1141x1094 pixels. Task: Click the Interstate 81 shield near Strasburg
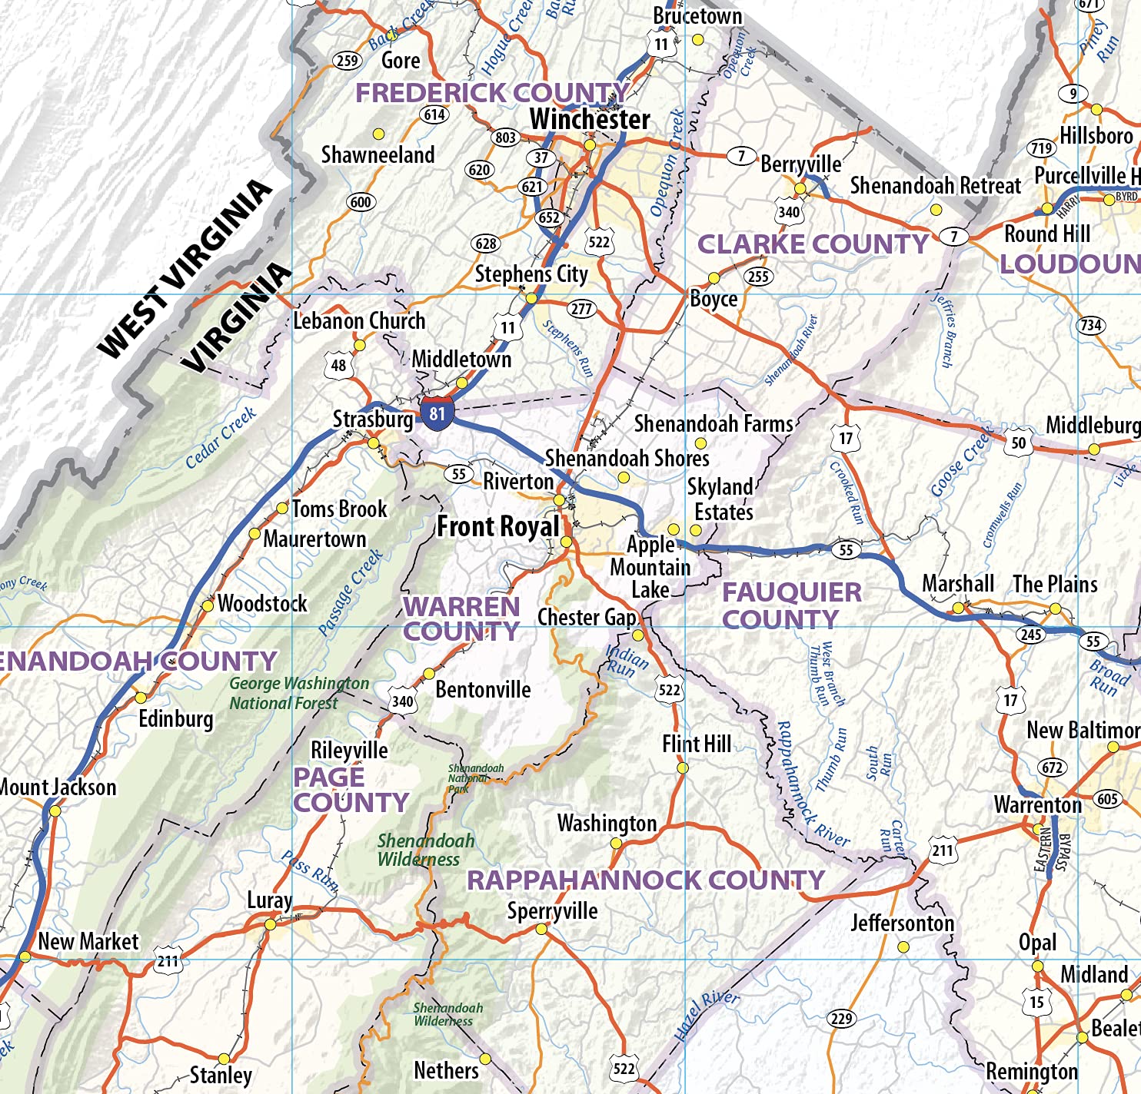[x=437, y=413]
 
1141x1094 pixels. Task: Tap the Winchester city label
[x=590, y=120]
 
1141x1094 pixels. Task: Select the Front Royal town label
[x=498, y=527]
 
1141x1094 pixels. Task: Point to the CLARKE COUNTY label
[x=813, y=244]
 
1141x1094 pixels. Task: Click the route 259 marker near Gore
[x=347, y=61]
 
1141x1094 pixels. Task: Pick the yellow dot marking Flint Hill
[x=682, y=768]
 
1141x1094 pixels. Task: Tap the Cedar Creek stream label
[x=221, y=438]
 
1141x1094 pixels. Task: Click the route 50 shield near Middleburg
[x=1018, y=443]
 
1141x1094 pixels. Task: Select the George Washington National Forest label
[x=298, y=693]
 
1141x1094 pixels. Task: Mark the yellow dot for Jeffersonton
[x=903, y=947]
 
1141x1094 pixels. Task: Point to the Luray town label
[x=269, y=900]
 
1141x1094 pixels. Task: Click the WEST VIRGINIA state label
[x=185, y=269]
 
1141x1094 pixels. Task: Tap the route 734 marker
[x=1090, y=325]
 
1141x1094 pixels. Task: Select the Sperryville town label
[x=552, y=911]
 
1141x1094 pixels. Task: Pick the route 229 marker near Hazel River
[x=841, y=1019]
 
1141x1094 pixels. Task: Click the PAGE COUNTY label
[x=351, y=790]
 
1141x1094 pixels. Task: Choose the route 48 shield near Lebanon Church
[x=338, y=366]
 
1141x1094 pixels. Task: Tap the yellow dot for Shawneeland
[x=378, y=134]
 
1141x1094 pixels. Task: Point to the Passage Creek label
[x=351, y=592]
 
